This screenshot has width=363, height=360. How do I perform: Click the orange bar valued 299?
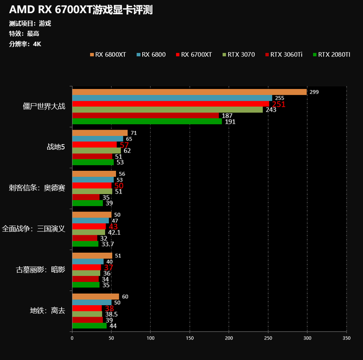pyautogui.click(x=189, y=92)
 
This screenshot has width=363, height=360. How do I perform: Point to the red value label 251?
pyautogui.click(x=278, y=105)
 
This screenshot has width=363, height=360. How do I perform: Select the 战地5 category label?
pyautogui.click(x=56, y=146)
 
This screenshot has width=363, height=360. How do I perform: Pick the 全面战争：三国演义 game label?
pyautogui.click(x=34, y=228)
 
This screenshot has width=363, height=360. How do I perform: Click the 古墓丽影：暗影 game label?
pyautogui.click(x=41, y=269)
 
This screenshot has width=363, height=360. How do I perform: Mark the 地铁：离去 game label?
pyautogui.click(x=48, y=311)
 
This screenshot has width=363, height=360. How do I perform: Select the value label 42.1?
pyautogui.click(x=114, y=232)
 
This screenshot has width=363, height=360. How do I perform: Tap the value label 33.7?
pyautogui.click(x=107, y=244)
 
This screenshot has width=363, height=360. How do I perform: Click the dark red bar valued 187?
pyautogui.click(x=145, y=115)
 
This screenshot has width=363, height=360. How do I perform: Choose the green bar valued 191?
pyautogui.click(x=147, y=121)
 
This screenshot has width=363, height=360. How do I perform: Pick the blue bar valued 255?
pyautogui.click(x=172, y=98)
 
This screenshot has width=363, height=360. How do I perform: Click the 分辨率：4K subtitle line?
pyautogui.click(x=25, y=44)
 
